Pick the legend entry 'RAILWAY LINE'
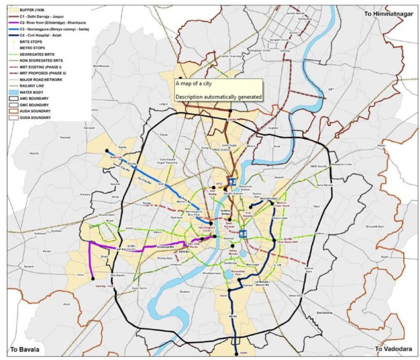click(x=35, y=86)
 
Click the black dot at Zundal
click(x=231, y=111)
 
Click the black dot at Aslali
click(x=236, y=354)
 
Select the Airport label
click(x=279, y=177)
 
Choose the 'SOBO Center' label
click(x=132, y=247)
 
